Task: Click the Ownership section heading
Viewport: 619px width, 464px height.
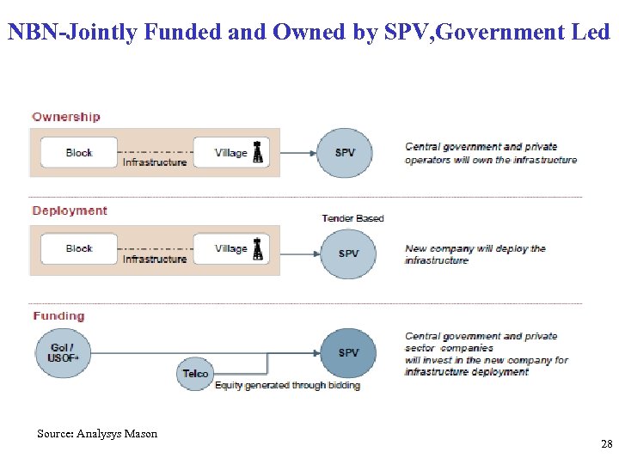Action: point(66,117)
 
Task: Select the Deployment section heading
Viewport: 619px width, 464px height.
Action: point(70,211)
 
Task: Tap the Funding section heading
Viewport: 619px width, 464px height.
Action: point(58,316)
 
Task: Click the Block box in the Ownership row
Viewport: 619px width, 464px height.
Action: point(79,153)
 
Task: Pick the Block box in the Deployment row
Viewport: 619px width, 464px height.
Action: point(79,249)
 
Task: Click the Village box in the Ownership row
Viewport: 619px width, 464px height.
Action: point(230,153)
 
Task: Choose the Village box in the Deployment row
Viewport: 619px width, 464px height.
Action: point(230,249)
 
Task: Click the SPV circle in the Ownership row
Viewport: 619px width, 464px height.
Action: point(345,153)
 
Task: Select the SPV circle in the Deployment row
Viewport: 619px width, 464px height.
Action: point(348,253)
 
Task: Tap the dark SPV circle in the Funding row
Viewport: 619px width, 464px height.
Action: point(348,353)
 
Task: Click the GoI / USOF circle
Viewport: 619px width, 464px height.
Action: point(63,352)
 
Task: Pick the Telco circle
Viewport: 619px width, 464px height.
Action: point(195,374)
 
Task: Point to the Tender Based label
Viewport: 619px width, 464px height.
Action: point(352,218)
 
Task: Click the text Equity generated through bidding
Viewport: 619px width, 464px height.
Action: point(287,386)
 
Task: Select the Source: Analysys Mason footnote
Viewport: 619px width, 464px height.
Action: point(97,434)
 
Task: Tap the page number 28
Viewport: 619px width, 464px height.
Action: point(606,444)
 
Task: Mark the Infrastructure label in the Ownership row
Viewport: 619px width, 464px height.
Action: point(155,162)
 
